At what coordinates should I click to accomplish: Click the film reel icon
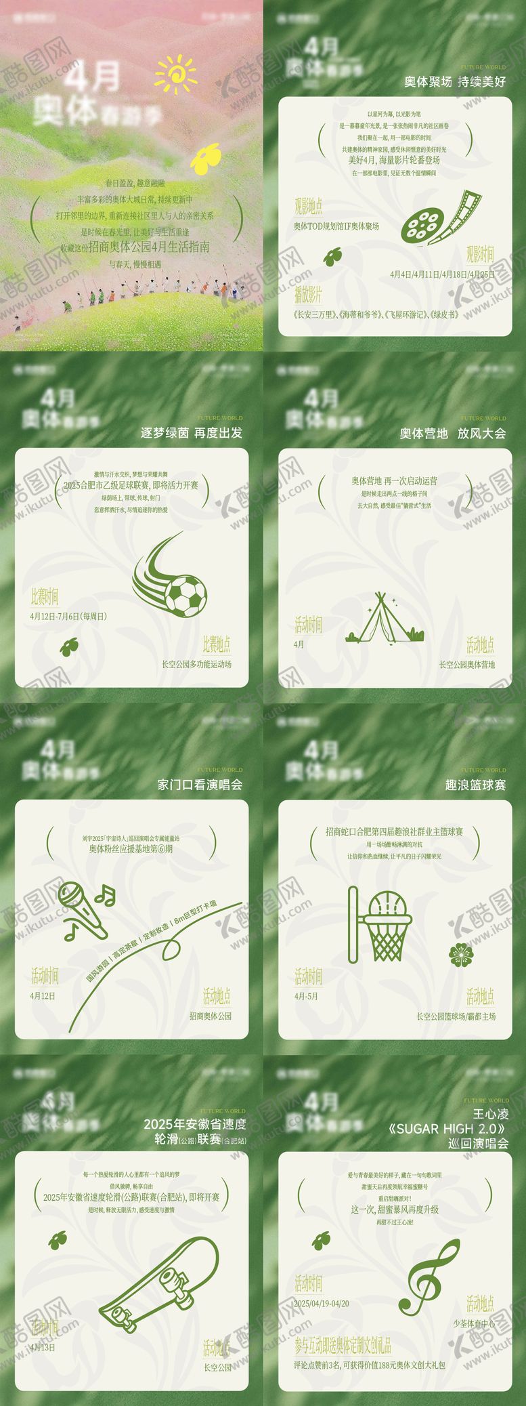(x=439, y=218)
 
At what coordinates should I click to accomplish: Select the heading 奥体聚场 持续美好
(x=454, y=82)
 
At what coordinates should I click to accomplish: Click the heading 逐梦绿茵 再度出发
(x=191, y=433)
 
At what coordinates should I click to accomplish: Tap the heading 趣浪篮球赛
(x=475, y=785)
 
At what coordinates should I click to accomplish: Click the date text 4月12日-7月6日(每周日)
(x=68, y=617)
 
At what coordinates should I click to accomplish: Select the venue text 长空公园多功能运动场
(x=196, y=664)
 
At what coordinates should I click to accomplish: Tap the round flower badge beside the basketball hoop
(x=461, y=954)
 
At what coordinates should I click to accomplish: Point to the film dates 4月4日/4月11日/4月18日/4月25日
(x=442, y=274)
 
